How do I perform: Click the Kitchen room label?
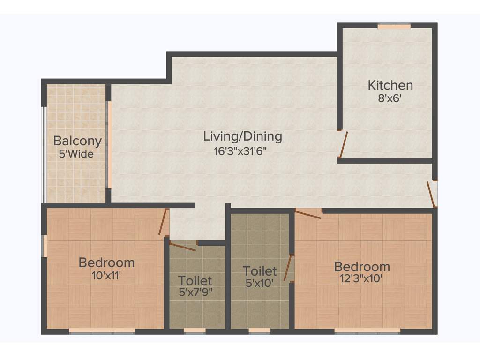(390, 85)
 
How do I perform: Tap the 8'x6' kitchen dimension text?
(390, 98)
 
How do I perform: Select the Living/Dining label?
(242, 136)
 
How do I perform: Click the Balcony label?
(77, 141)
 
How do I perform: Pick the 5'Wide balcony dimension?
(76, 154)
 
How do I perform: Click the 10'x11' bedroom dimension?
(106, 276)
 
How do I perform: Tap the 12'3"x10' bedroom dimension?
(361, 280)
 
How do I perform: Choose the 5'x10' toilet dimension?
(260, 284)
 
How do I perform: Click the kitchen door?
(344, 145)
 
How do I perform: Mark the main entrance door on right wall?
(431, 194)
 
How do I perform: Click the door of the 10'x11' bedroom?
(163, 222)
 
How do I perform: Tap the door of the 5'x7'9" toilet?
(183, 247)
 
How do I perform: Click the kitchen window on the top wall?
(394, 26)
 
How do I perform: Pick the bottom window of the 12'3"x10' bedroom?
(367, 331)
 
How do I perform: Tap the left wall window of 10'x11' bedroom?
(45, 246)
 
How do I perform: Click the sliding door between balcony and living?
(110, 144)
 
